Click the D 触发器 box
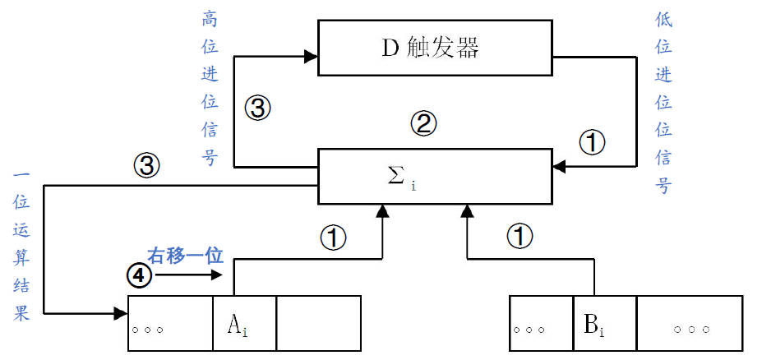coord(433,48)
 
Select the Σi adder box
coord(434,177)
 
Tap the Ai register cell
coord(243,323)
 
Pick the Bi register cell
coord(605,324)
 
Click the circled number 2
coord(423,125)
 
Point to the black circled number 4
coord(141,276)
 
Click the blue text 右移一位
coord(185,255)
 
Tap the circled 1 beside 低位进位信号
coord(592,143)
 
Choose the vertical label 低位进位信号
coord(663,103)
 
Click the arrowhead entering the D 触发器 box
coord(311,57)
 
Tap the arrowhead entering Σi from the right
coord(559,167)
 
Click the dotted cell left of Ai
coord(170,323)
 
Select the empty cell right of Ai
coord(318,323)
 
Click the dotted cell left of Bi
coord(541,324)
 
